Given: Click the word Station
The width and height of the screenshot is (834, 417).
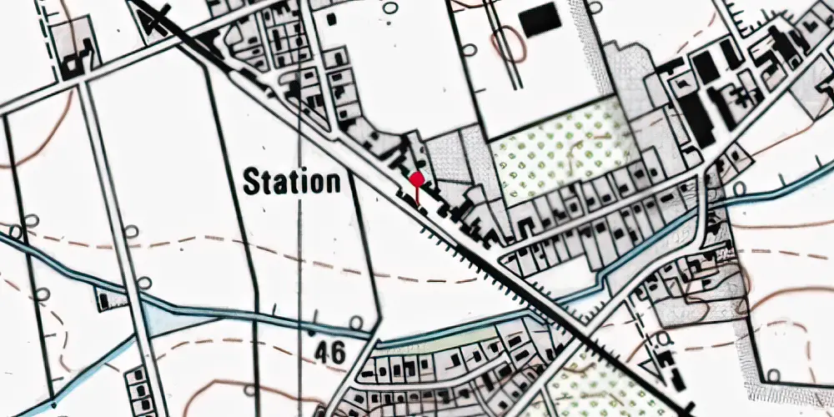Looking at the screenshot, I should (x=292, y=182).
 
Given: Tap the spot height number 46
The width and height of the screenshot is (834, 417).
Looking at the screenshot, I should (x=330, y=354).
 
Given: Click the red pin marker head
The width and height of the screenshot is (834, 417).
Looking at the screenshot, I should (x=417, y=178).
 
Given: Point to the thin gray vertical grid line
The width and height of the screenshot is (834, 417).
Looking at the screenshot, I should (x=299, y=250).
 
